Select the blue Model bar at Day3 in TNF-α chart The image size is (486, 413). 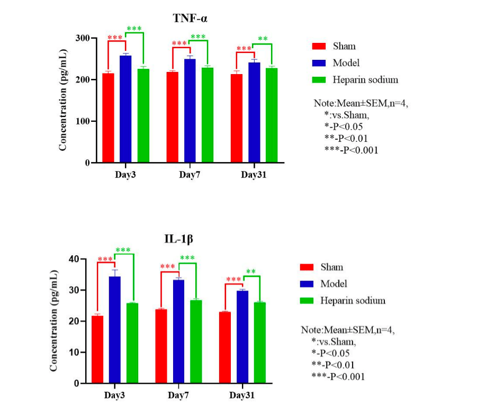click(x=125, y=109)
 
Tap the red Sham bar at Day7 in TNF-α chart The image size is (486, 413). click(x=172, y=117)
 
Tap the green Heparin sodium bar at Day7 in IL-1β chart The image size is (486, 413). click(x=196, y=342)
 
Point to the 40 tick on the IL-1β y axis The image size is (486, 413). click(x=72, y=259)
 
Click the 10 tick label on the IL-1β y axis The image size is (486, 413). click(x=72, y=352)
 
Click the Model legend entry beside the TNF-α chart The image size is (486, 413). click(x=346, y=63)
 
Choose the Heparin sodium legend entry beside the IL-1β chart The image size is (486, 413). click(x=353, y=301)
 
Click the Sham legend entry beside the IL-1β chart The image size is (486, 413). click(x=331, y=267)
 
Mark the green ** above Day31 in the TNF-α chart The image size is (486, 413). click(x=263, y=39)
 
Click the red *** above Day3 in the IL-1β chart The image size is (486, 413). click(x=105, y=259)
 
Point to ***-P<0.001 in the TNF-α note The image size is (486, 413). click(x=352, y=150)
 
